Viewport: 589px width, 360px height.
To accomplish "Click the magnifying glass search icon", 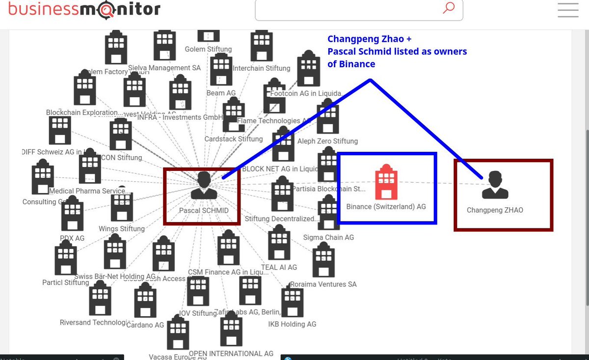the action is (x=448, y=8).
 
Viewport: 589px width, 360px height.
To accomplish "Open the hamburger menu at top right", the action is (x=568, y=10).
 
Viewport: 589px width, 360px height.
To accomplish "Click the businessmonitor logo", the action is (x=84, y=9).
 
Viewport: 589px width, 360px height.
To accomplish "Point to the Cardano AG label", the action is (x=145, y=325).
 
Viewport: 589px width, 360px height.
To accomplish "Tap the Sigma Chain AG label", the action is (x=328, y=237).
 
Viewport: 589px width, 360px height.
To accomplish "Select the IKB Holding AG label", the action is (x=292, y=324).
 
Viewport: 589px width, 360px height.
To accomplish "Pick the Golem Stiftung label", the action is (x=208, y=49).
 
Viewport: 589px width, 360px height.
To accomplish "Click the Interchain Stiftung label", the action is (x=261, y=68).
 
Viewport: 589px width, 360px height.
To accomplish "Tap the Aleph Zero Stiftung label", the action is (x=327, y=141).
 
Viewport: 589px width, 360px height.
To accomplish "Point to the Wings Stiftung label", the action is (x=122, y=228).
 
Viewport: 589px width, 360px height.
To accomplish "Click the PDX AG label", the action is (x=72, y=238).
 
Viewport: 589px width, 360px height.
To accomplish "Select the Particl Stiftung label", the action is (x=66, y=282).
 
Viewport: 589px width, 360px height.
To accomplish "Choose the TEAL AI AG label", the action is (x=279, y=267).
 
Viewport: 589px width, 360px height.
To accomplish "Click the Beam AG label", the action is (x=221, y=93).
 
